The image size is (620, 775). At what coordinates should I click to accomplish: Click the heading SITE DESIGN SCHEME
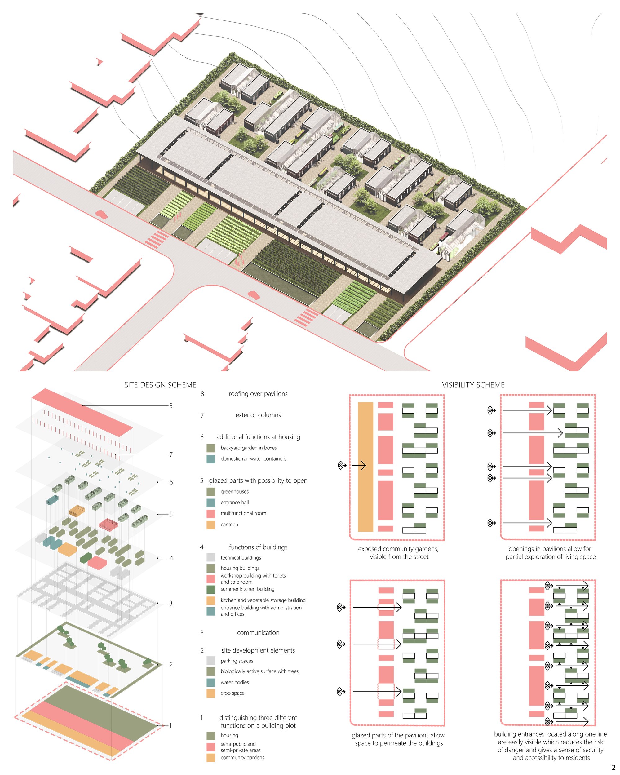160,385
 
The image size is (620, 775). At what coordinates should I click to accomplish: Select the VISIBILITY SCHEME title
473,385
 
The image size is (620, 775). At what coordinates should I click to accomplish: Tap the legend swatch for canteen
210,525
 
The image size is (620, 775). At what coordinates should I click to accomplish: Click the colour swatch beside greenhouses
210,491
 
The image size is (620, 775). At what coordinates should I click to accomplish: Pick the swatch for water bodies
210,682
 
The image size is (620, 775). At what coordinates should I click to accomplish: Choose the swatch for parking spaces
210,660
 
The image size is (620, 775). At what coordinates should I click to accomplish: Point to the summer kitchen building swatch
210,590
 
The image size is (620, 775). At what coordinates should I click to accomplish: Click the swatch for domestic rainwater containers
210,459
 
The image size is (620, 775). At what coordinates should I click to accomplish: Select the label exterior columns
258,415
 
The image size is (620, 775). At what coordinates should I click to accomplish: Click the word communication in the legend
258,633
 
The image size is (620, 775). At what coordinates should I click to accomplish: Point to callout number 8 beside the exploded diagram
171,406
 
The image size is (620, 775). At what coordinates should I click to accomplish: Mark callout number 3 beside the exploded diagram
171,603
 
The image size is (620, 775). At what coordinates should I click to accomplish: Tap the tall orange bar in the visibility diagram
365,467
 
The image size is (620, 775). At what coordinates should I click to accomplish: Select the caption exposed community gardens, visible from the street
398,553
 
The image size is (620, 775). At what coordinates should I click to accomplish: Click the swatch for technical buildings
210,557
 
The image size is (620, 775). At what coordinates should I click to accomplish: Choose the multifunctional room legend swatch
210,514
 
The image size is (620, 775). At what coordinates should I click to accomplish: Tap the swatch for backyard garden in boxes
210,448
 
